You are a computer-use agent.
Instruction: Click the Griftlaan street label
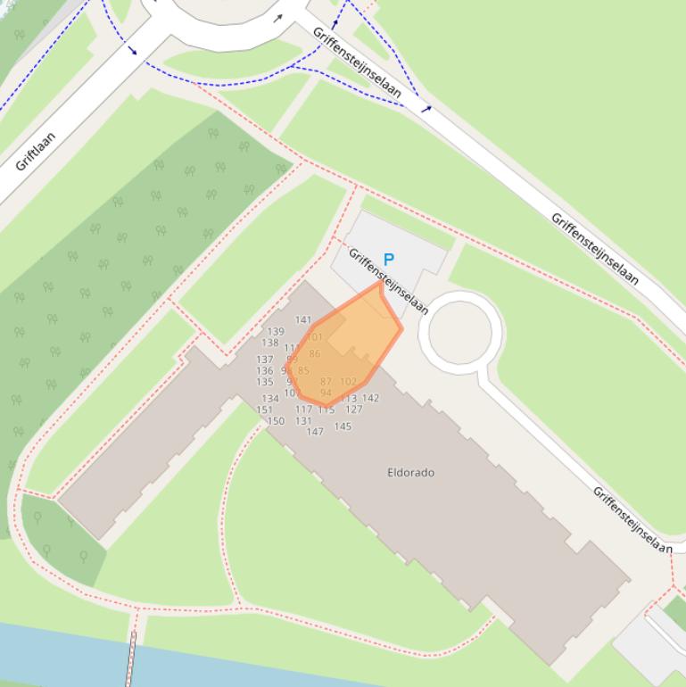(x=36, y=151)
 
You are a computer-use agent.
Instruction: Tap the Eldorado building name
(x=411, y=472)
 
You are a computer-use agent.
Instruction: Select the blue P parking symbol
(x=388, y=260)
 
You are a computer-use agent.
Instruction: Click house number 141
(x=303, y=319)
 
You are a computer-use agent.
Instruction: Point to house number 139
(x=276, y=332)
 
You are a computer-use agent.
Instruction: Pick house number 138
(x=270, y=343)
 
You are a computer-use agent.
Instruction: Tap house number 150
(x=276, y=421)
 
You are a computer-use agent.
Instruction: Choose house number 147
(x=315, y=432)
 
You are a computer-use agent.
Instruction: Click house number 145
(x=343, y=426)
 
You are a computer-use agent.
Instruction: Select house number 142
(x=370, y=398)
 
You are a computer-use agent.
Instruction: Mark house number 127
(x=354, y=410)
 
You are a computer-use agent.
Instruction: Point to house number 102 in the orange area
(x=348, y=382)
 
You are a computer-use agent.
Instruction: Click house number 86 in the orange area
(x=315, y=354)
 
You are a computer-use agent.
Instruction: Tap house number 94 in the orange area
(x=326, y=393)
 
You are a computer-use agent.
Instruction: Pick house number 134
(x=270, y=399)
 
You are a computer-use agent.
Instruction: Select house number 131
(x=303, y=421)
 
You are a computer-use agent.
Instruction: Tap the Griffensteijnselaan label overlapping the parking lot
(x=389, y=282)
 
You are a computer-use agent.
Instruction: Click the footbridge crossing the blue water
(x=132, y=658)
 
